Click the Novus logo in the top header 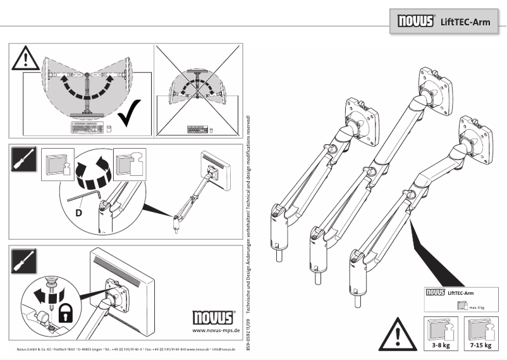pos(415,21)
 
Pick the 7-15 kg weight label pos(480,346)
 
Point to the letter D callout pos(78,212)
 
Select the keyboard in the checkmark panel pos(87,127)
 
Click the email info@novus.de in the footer pos(224,349)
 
